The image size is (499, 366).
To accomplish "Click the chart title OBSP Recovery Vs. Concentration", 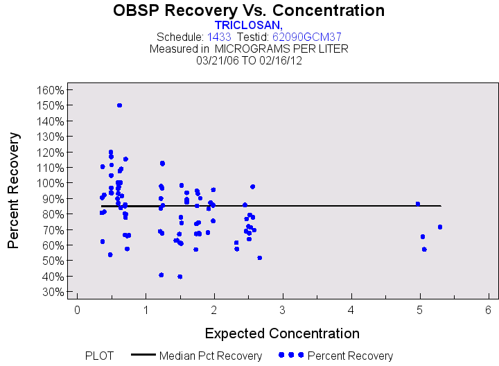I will coord(249,10).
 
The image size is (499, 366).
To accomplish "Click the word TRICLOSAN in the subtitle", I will coord(248,25).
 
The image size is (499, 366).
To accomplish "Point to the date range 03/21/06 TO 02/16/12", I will coord(249,60).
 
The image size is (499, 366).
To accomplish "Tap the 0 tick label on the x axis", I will coord(77,309).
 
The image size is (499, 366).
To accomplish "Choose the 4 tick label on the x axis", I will coord(351,309).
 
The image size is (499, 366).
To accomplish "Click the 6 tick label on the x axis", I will coord(489,309).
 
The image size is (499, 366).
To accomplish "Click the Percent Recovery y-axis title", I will coord(13,191).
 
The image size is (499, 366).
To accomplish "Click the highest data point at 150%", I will coord(119,105).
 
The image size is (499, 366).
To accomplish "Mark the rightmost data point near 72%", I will coord(439,227).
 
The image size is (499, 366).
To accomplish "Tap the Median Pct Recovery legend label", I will coord(211,356).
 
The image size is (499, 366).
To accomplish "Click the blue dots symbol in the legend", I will coord(290,355).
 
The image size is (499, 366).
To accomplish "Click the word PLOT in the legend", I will coord(100,356).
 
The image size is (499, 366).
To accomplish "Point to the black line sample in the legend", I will coord(143,355).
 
